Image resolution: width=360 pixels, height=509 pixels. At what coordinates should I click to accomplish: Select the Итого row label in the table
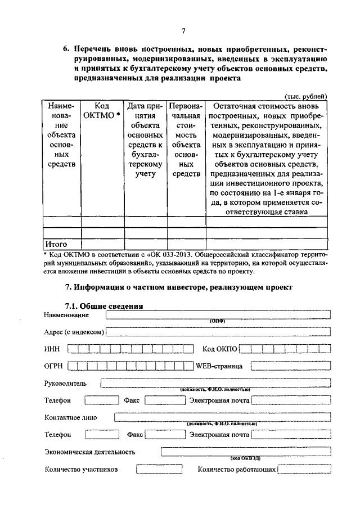56,244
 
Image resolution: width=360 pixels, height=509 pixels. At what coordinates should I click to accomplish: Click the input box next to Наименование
218,315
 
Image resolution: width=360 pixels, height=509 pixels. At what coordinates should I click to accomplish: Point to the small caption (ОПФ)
217,321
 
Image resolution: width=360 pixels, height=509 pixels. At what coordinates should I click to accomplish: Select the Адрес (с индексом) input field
218,332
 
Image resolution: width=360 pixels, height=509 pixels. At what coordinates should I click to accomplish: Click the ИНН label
52,349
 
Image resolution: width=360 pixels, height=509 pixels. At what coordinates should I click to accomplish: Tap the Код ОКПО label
219,349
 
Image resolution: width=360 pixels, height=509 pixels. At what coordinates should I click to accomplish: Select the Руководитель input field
215,384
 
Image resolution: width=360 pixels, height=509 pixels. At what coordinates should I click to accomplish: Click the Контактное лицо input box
222,417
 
